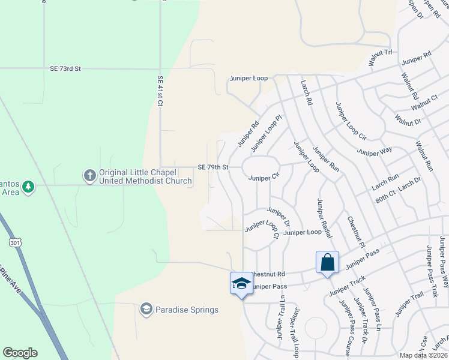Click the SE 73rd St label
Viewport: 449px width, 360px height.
click(66, 69)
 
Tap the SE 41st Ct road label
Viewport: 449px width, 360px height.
click(160, 91)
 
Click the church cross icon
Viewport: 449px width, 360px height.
click(89, 176)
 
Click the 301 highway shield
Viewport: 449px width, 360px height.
click(15, 242)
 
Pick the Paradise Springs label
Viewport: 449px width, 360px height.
click(187, 310)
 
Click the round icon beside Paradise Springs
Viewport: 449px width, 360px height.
click(145, 309)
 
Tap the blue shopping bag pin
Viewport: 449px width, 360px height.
click(327, 262)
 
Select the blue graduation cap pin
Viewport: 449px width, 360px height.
click(241, 283)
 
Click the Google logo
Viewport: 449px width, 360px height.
click(20, 353)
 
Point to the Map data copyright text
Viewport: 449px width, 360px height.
click(423, 355)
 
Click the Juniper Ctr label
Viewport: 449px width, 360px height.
click(264, 178)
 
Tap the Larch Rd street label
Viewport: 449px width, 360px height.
click(307, 93)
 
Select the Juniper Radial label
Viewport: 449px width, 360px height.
click(324, 217)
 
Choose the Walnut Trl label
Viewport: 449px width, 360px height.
click(381, 53)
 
